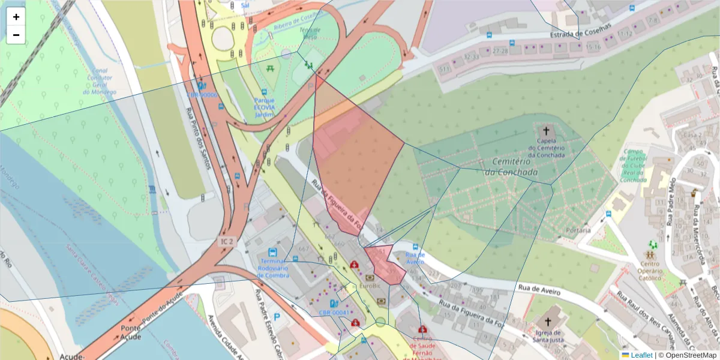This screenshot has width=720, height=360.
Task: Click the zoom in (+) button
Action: tap(16, 17)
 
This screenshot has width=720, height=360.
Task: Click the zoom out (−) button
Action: tap(16, 35)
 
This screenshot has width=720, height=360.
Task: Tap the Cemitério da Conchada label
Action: tap(514, 167)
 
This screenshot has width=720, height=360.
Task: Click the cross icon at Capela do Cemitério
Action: tap(546, 130)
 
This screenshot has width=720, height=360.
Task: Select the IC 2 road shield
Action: tap(226, 241)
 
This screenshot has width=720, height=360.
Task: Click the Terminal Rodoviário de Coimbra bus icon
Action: tap(273, 253)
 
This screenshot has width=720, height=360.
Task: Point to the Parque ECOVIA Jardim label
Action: tap(265, 107)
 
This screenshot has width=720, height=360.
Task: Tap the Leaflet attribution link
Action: tap(641, 355)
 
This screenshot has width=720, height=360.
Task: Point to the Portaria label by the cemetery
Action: tap(578, 230)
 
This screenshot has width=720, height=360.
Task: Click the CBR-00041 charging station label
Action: tap(334, 313)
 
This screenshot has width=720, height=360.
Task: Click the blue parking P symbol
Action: tap(277, 316)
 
